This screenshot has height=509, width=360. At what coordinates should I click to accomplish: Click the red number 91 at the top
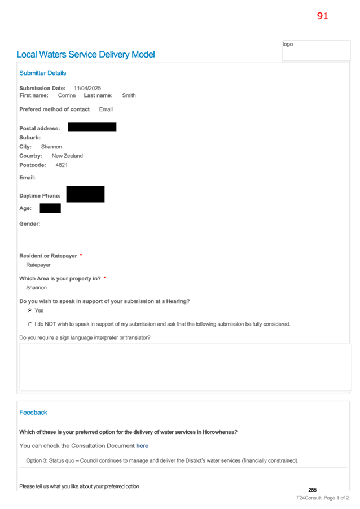322,16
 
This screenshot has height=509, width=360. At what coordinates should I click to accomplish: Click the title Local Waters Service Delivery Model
86,55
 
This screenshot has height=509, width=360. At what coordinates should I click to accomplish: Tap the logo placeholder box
316,50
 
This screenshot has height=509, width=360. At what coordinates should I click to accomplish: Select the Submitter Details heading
42,73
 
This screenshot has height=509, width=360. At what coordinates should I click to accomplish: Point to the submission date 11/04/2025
87,88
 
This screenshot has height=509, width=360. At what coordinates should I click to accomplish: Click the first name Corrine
67,95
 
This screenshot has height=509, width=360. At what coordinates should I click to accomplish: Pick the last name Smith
129,95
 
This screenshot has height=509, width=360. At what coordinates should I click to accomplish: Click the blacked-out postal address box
92,128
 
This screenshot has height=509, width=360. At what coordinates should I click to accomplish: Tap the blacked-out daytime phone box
85,194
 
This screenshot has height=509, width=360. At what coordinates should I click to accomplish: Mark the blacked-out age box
50,208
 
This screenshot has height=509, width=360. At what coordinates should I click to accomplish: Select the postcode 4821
62,165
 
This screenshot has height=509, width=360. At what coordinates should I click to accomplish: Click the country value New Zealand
67,156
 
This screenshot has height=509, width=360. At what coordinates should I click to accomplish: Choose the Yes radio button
30,311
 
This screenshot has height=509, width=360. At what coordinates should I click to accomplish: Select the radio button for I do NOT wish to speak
30,324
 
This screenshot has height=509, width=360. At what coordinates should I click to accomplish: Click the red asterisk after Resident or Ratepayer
81,255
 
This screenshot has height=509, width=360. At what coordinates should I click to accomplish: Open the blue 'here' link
142,446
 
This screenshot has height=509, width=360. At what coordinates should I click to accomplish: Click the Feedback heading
33,413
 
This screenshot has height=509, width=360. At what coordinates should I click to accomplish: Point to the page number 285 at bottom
312,490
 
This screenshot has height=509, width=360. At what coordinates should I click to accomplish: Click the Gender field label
30,224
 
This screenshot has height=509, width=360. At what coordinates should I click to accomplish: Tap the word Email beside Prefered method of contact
106,109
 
